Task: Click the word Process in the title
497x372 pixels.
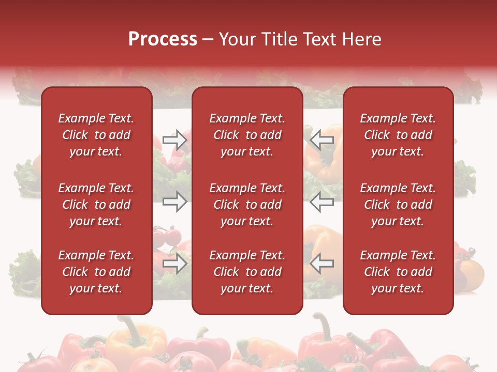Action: point(163,39)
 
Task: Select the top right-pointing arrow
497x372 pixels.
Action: point(175,140)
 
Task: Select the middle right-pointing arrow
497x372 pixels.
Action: point(175,202)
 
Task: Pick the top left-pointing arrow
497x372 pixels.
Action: point(322,140)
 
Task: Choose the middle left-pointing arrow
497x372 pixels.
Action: point(322,202)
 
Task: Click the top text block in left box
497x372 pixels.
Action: point(96,135)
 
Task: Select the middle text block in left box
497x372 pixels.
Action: point(96,205)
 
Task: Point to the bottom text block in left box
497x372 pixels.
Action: point(96,272)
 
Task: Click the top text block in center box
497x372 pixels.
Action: point(247,135)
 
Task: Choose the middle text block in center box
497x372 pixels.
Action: point(247,205)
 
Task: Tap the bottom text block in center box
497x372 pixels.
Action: point(247,272)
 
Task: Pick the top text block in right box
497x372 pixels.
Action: point(398,135)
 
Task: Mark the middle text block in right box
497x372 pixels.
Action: point(398,205)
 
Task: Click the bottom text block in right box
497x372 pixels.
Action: point(398,272)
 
